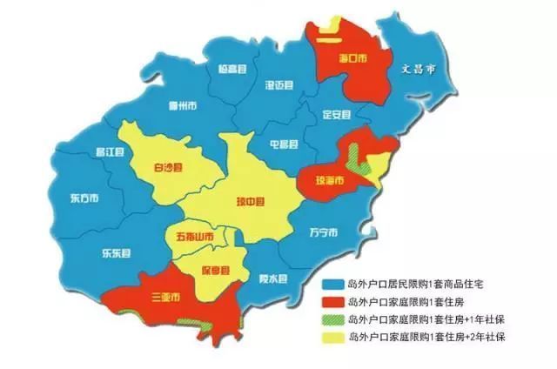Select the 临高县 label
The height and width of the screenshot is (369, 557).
pyautogui.click(x=233, y=69)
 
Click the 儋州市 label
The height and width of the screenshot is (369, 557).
pyautogui.click(x=183, y=105)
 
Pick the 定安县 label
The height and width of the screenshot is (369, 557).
pyautogui.click(x=335, y=114)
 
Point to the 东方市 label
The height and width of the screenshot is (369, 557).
pyautogui.click(x=84, y=198)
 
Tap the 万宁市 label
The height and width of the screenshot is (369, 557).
pyautogui.click(x=323, y=233)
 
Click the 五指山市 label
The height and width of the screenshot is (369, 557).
pyautogui.click(x=193, y=236)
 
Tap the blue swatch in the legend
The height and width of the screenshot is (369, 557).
pyautogui.click(x=332, y=285)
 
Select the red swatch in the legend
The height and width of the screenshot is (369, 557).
pyautogui.click(x=332, y=302)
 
